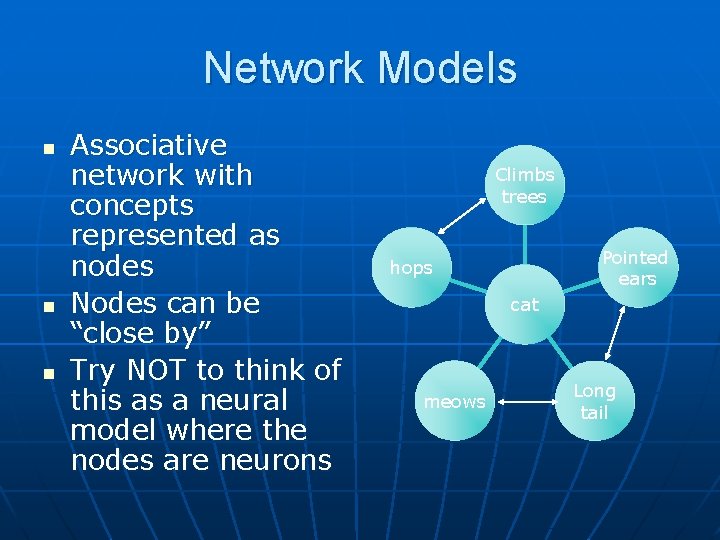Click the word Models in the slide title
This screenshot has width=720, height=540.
[449, 69]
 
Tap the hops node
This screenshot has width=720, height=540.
[411, 268]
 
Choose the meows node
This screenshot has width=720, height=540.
[455, 402]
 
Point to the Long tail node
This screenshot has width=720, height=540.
[594, 402]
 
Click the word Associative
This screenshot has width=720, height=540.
[149, 146]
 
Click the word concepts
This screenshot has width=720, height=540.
[131, 206]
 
